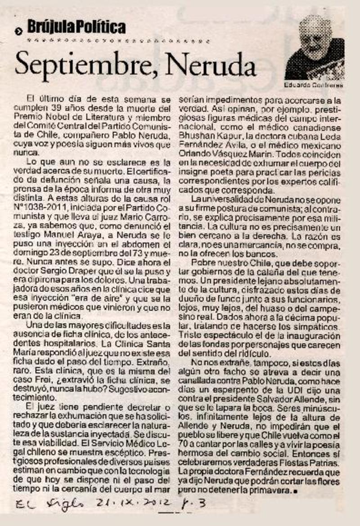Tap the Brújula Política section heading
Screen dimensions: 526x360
coord(76,28)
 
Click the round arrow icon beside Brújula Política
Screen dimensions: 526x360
coord(18,31)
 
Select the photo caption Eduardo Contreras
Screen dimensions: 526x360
coord(314,84)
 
